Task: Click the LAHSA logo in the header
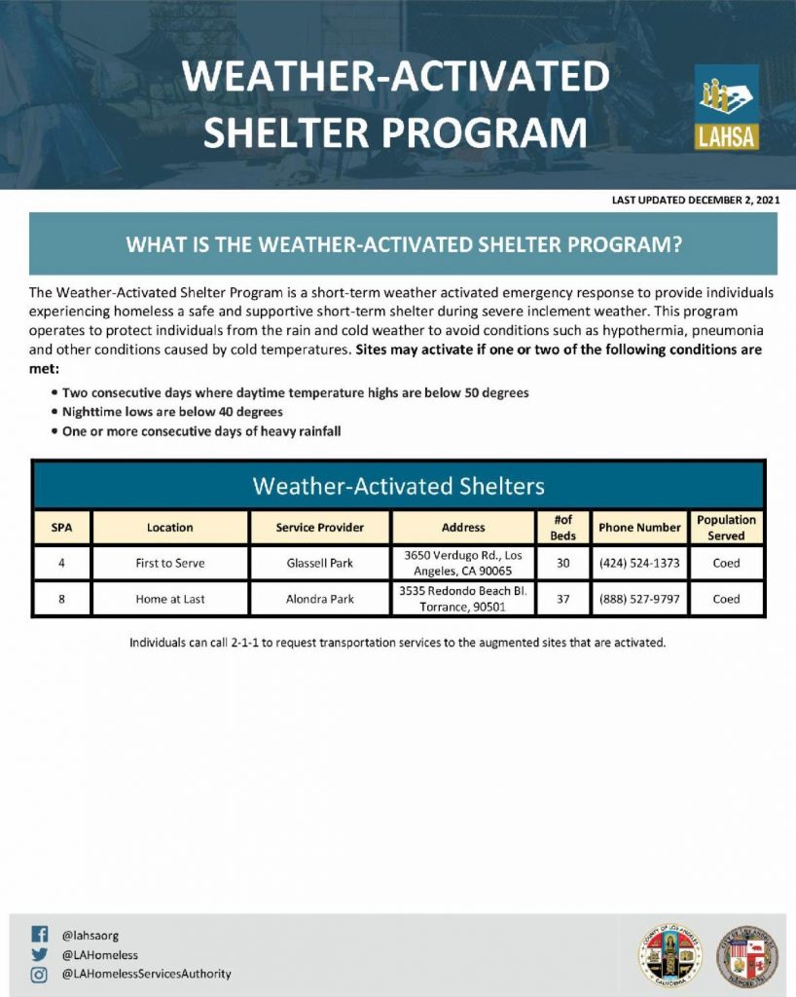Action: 726,107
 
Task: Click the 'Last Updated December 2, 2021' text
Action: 696,200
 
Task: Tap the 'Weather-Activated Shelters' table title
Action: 398,486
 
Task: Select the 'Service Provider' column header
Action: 319,527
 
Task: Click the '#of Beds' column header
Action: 562,527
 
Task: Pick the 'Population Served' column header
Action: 726,527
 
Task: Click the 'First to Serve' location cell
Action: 170,563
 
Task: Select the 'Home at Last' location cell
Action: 170,599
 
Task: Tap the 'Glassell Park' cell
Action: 319,563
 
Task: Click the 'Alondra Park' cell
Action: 319,599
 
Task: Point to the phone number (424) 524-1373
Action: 639,563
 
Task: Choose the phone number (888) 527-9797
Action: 639,599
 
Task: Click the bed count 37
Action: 562,599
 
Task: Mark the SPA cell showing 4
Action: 61,563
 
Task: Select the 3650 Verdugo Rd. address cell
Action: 463,563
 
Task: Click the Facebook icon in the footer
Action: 39,934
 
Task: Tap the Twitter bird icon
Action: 39,954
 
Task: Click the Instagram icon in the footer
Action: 39,975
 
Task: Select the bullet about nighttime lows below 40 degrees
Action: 167,412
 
